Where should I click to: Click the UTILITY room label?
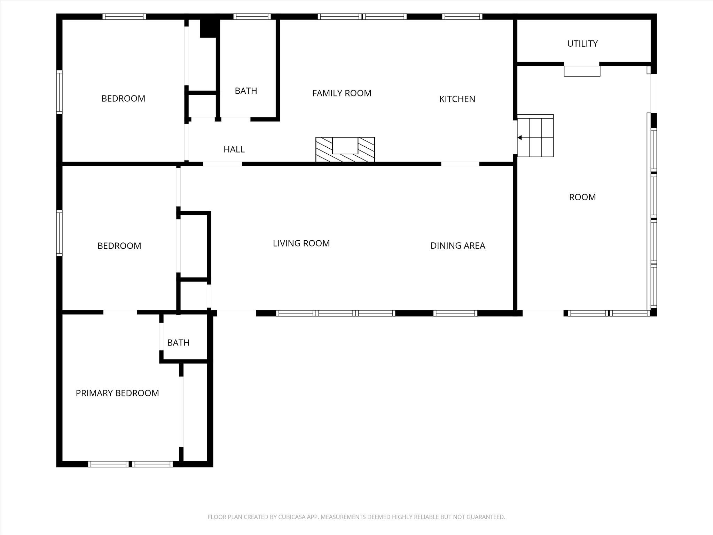582,44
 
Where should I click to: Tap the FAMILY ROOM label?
342,93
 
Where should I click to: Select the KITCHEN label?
457,99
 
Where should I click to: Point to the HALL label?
234,149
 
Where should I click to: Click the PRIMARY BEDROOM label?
117,393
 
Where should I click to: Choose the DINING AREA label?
458,246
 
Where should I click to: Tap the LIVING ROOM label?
301,243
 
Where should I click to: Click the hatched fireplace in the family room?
345,150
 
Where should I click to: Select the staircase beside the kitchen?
535,135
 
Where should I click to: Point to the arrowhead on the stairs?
519,138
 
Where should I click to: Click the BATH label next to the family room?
246,91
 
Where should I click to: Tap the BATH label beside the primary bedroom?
178,343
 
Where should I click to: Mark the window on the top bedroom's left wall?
60,92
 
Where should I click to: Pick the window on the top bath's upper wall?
252,16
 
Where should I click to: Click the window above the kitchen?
462,16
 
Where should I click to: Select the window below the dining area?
455,313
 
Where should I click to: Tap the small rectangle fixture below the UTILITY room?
582,71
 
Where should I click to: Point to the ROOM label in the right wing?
582,197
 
